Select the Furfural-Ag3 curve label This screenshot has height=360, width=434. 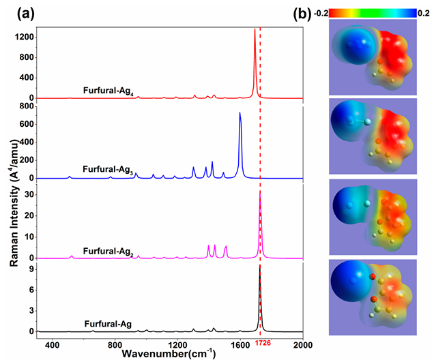(x=107, y=169)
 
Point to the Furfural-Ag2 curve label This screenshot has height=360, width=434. (x=108, y=251)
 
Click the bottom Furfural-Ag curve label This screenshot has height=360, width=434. (x=104, y=324)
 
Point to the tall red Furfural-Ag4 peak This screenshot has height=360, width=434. (x=255, y=30)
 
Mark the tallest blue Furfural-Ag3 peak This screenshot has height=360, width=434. (x=240, y=113)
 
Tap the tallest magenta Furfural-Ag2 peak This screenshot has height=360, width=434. (x=260, y=193)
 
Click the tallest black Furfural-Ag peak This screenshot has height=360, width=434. (x=259, y=266)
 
